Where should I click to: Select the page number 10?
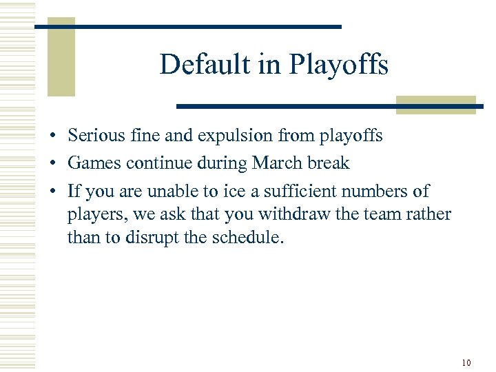tap(466, 362)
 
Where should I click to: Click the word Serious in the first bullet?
tap(96, 136)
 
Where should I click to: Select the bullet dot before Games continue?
tap(52, 164)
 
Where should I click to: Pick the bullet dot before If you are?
tap(52, 192)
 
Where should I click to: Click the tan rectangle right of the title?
tap(435, 105)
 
